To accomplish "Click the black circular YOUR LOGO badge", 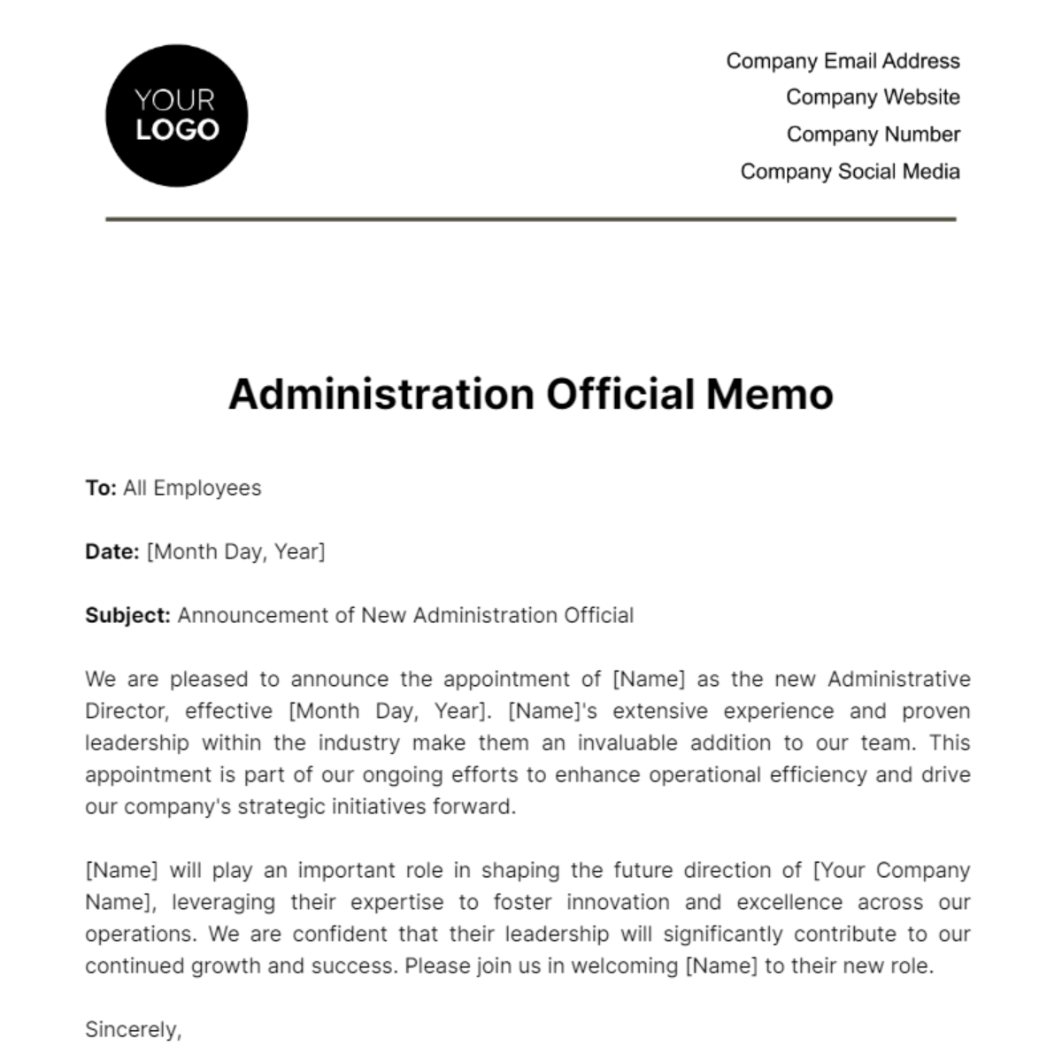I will click(176, 116).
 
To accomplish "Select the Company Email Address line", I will click(843, 61).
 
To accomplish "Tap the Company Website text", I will click(873, 97).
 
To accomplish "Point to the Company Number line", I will click(873, 135).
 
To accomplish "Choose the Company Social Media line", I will click(850, 172).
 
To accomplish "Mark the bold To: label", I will click(101, 489).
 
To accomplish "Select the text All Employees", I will click(192, 489).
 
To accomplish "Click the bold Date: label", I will click(112, 552).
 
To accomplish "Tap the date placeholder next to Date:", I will click(235, 552).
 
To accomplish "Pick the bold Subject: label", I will click(127, 616).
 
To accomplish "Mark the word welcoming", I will click(625, 966).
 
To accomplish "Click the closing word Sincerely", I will click(132, 1030).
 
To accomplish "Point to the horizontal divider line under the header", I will click(531, 219).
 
